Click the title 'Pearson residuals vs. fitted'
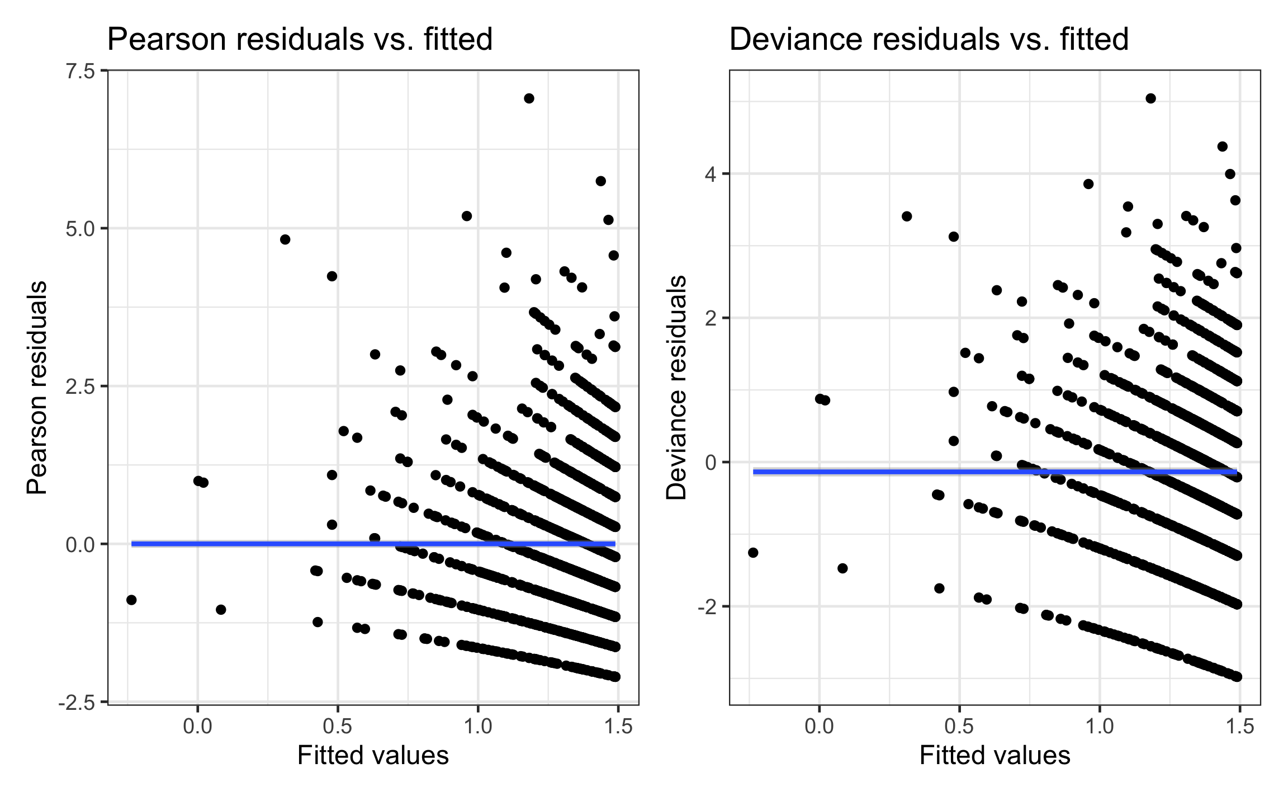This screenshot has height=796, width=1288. click(x=300, y=40)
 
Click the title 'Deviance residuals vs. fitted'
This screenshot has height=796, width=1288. click(x=929, y=40)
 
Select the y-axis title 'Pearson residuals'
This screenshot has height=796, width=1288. click(x=37, y=387)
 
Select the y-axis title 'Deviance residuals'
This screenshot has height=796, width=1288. click(x=676, y=387)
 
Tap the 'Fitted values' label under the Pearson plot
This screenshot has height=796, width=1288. click(x=373, y=755)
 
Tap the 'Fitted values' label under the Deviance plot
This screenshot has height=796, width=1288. click(x=995, y=755)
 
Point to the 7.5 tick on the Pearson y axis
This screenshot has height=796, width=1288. click(x=80, y=72)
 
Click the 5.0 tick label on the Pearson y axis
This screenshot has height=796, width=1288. click(x=80, y=229)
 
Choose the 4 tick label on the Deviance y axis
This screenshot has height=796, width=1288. click(x=710, y=174)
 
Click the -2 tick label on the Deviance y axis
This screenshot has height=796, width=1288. click(x=707, y=607)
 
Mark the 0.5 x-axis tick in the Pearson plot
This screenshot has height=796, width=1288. click(x=338, y=726)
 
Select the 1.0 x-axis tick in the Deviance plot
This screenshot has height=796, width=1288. click(x=1100, y=726)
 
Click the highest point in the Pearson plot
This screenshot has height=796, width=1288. click(x=529, y=98)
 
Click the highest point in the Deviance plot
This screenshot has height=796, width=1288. click(x=1150, y=98)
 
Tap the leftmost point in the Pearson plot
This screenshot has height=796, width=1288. click(x=131, y=600)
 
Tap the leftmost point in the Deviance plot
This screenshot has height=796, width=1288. click(x=753, y=553)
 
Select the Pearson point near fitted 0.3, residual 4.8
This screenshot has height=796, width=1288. click(x=285, y=239)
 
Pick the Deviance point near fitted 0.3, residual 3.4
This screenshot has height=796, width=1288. click(x=907, y=216)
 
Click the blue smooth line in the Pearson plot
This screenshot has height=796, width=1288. click(x=373, y=544)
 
